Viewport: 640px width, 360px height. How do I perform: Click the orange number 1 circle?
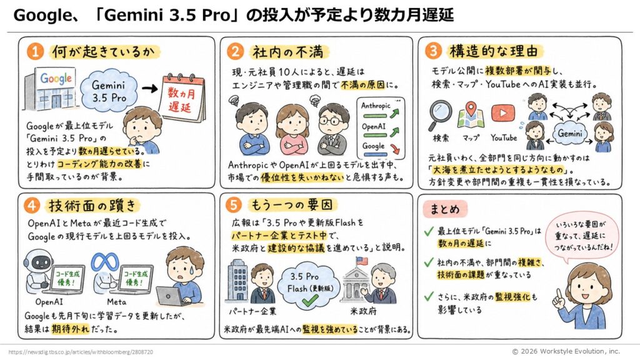pos(35,52)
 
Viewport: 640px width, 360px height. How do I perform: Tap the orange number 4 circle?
pos(32,205)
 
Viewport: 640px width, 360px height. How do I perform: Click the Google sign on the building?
pos(56,78)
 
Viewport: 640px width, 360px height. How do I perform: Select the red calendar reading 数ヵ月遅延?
pos(182,98)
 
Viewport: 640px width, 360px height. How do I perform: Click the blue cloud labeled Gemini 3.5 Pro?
pos(109,91)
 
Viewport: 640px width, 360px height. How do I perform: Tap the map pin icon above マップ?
pos(471,114)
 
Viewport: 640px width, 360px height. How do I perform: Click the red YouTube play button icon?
pos(503,113)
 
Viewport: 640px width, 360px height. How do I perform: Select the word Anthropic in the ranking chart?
pos(376,106)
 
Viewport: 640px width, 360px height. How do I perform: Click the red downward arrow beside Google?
pos(395,149)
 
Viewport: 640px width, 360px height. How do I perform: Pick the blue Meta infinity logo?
pos(105,262)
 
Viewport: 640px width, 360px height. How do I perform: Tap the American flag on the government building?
pos(361,261)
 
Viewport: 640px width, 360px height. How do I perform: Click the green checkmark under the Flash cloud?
pos(310,301)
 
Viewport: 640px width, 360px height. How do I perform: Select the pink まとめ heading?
pos(445,209)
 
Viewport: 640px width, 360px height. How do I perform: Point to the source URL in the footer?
pos(81,352)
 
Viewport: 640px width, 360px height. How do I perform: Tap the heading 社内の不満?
pos(287,52)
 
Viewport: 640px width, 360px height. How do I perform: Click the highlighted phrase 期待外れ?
pos(70,329)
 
